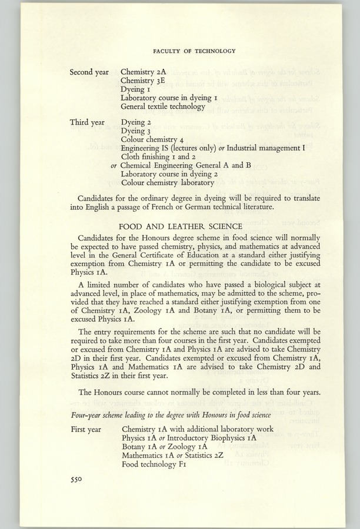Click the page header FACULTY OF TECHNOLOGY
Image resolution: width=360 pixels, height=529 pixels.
[194, 51]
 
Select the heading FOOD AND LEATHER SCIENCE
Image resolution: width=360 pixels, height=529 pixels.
[180, 226]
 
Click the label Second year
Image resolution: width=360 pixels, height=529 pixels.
[89, 72]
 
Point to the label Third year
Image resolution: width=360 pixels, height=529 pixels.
[87, 122]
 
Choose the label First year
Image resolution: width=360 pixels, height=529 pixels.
[86, 429]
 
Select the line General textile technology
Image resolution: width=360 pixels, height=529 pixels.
[163, 107]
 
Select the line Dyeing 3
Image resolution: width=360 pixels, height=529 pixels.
[136, 131]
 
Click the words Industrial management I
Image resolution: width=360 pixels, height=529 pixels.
[265, 149]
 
